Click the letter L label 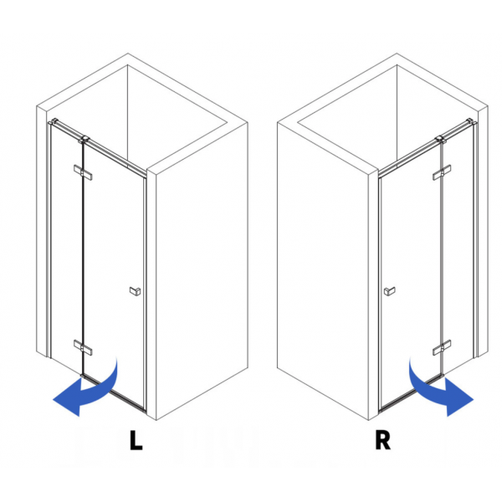click(x=136, y=440)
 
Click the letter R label click(x=382, y=440)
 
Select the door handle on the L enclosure click(x=135, y=291)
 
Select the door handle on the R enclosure click(x=389, y=291)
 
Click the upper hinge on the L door click(x=83, y=172)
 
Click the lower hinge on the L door click(x=83, y=347)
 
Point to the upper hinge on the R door click(x=442, y=172)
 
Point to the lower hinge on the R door click(x=442, y=347)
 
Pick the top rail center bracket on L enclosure click(x=84, y=140)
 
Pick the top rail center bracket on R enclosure click(x=441, y=140)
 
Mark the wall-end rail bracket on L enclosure click(x=54, y=121)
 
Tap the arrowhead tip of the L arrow click(x=53, y=400)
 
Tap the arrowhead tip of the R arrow click(x=474, y=400)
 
